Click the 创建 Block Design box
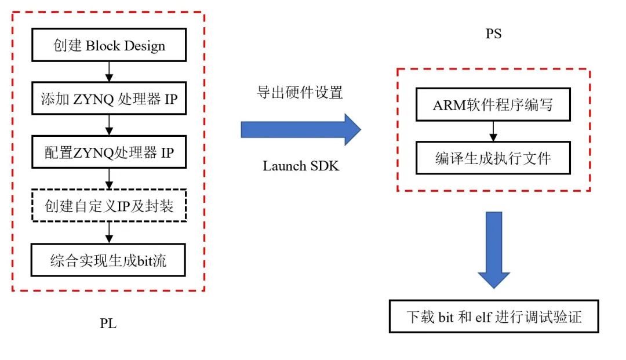(x=109, y=45)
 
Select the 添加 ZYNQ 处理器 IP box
(x=109, y=98)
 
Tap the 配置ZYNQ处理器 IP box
(x=109, y=152)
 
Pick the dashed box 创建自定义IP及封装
(x=109, y=206)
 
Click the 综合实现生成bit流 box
(x=108, y=260)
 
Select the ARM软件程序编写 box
(x=493, y=104)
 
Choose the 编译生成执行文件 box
(x=493, y=158)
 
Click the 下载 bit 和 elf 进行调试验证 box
(x=494, y=317)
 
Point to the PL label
(x=108, y=323)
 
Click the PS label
(x=493, y=34)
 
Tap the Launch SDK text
(x=301, y=166)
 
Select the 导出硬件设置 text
(x=300, y=92)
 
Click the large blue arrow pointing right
(x=301, y=130)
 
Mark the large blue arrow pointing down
(x=494, y=250)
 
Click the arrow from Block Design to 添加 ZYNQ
(x=109, y=72)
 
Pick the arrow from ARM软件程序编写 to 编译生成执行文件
(x=493, y=132)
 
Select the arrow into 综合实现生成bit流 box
(x=109, y=232)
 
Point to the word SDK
(x=325, y=166)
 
